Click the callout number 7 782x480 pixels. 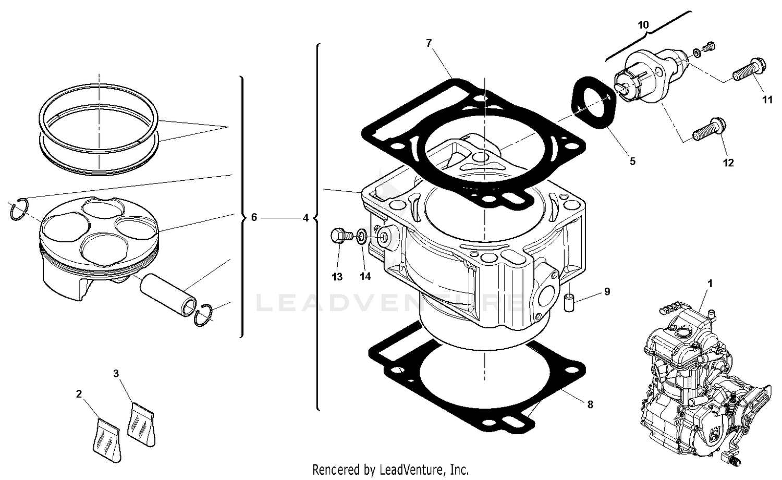429,43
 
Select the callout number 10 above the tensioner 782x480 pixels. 643,24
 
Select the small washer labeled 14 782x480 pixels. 361,237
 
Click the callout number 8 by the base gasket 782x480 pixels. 590,404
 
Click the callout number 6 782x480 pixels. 254,217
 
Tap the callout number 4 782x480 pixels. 306,217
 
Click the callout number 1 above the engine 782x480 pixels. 710,284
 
